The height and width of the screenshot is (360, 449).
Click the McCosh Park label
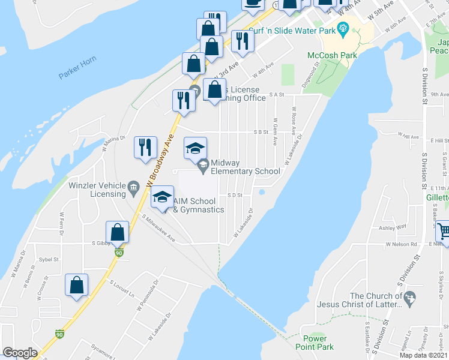pyautogui.click(x=332, y=55)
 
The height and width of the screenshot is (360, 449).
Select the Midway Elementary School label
pyautogui.click(x=245, y=167)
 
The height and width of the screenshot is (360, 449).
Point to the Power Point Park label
pyautogui.click(x=315, y=343)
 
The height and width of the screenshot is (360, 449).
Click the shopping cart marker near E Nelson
pyautogui.click(x=443, y=230)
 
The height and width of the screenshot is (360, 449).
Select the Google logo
pyautogui.click(x=20, y=353)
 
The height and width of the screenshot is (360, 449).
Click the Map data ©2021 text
pyautogui.click(x=424, y=355)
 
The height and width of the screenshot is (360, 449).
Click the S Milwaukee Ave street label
pyautogui.click(x=158, y=229)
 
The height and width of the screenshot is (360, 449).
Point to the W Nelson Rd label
pyautogui.click(x=402, y=245)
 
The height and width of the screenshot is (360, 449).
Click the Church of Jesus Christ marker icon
pyautogui.click(x=411, y=298)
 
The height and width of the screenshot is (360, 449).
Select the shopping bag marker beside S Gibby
pyautogui.click(x=118, y=232)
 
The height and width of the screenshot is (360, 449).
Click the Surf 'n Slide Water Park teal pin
pyautogui.click(x=343, y=26)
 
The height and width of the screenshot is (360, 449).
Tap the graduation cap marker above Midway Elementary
pyautogui.click(x=195, y=148)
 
